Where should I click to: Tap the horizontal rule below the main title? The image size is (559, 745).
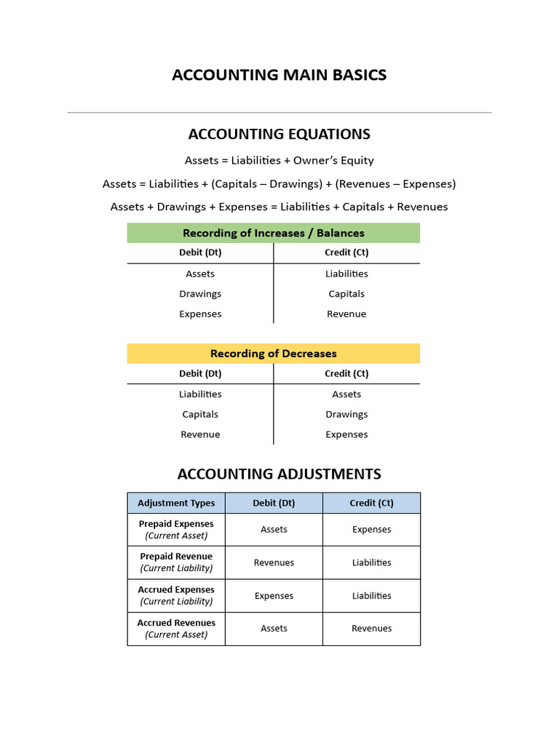[279, 113]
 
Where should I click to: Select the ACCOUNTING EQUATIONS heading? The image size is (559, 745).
[279, 134]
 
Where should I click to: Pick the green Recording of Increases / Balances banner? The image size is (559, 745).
[274, 233]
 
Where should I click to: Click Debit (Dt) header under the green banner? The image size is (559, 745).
[200, 252]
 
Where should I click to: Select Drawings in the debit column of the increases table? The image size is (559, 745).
[200, 294]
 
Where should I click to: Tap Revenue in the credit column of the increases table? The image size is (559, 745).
[346, 314]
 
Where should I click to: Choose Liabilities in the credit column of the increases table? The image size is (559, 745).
[346, 274]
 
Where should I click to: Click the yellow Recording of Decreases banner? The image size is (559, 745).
[274, 354]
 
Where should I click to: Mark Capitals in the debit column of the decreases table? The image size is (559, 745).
[200, 414]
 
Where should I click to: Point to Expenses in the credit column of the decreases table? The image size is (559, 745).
[346, 434]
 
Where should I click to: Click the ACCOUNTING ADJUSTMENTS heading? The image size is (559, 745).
[279, 474]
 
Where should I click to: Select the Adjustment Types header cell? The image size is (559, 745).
[176, 503]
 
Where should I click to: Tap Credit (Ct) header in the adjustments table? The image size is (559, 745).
[371, 503]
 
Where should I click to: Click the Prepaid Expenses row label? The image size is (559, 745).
[176, 529]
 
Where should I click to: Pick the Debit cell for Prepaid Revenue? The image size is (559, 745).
[274, 562]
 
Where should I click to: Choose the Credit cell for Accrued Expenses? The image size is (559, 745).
[371, 595]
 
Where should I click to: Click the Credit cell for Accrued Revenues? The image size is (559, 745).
[371, 629]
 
